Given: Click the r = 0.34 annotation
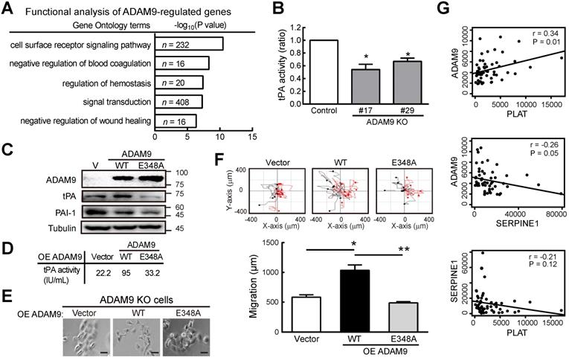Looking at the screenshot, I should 546,34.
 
